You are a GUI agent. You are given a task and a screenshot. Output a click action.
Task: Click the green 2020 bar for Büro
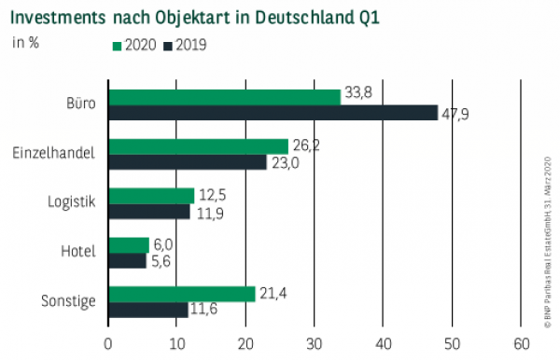click(224, 97)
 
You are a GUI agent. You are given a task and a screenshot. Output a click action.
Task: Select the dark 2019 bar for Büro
click(273, 113)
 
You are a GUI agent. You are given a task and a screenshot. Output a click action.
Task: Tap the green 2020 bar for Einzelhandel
click(198, 146)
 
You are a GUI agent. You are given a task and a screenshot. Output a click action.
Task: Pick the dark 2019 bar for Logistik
click(149, 212)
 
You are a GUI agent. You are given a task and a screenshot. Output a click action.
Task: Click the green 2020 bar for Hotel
click(129, 245)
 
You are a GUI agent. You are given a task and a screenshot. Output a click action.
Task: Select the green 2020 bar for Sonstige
click(182, 294)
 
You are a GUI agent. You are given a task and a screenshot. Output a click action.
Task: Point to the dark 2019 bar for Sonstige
click(148, 310)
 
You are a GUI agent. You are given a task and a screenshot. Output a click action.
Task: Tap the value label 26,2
click(305, 145)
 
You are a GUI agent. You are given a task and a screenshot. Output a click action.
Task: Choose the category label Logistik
click(72, 203)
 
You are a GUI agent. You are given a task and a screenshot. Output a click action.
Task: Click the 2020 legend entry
click(134, 46)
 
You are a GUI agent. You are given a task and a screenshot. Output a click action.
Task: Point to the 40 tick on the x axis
click(384, 341)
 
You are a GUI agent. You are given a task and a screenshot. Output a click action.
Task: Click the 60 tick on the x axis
click(521, 341)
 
